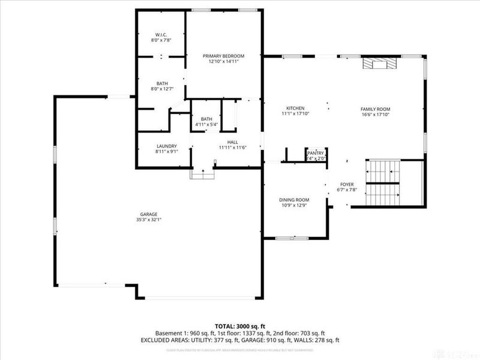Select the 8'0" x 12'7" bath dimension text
162,89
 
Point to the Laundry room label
166,146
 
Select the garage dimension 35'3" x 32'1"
149,220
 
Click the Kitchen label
294,108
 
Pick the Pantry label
316,154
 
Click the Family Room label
375,108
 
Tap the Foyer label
347,184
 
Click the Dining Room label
294,200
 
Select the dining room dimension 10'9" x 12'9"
294,206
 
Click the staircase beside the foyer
384,183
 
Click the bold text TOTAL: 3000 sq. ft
240,326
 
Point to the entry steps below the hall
202,174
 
